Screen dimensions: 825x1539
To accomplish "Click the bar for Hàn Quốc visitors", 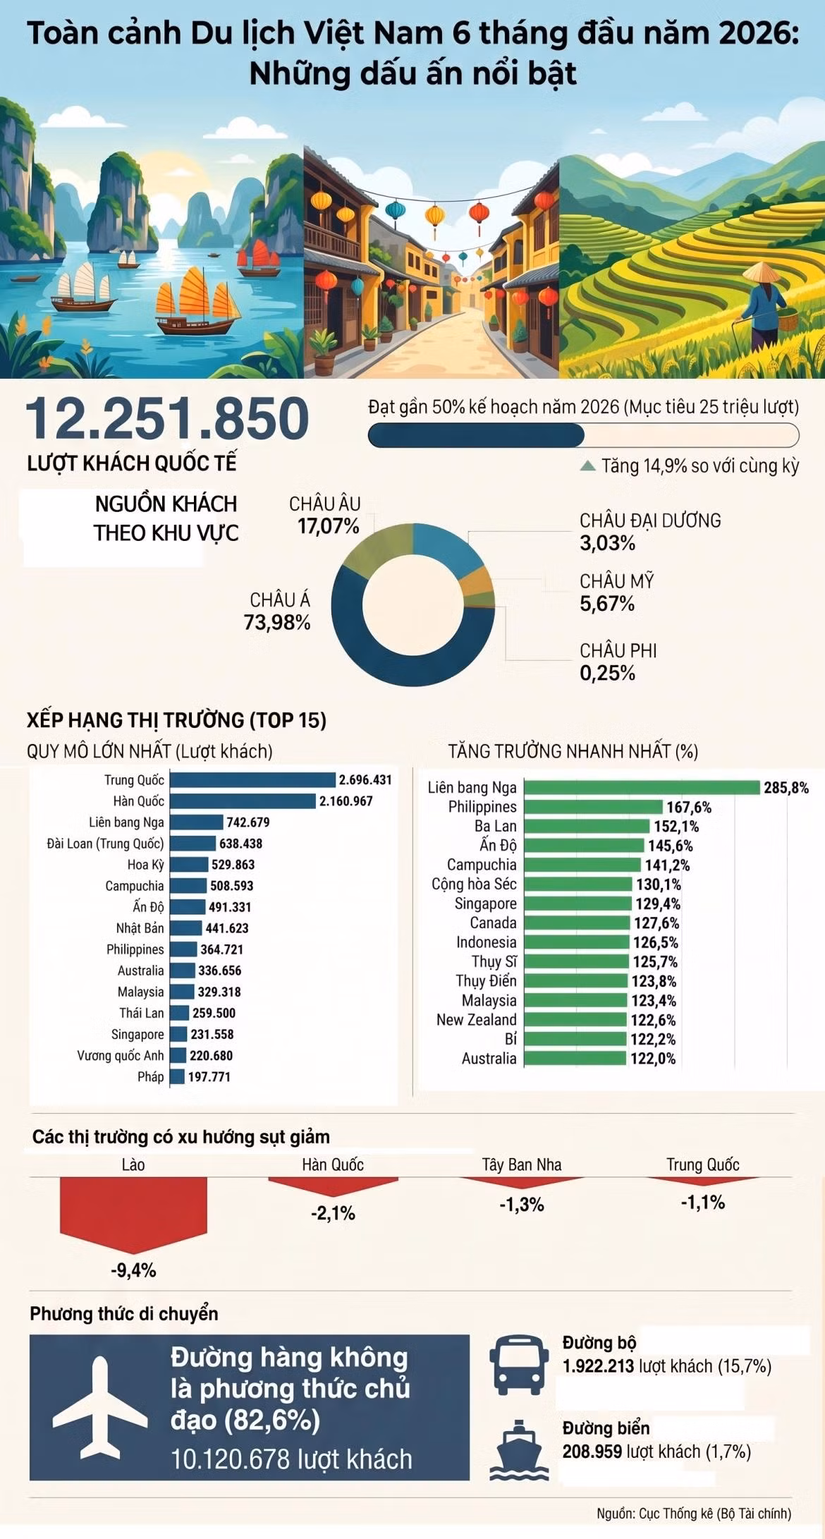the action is click(x=243, y=801).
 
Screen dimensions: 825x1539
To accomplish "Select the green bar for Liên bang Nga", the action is click(x=642, y=788).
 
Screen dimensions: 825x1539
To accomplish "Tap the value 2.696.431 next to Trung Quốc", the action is click(x=365, y=780).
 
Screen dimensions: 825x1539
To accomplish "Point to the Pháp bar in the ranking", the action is click(x=177, y=1076).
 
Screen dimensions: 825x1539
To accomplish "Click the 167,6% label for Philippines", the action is click(x=689, y=808).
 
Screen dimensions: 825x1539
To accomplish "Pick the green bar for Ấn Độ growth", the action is click(x=585, y=846).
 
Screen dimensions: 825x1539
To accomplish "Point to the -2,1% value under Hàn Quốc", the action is click(x=333, y=1213).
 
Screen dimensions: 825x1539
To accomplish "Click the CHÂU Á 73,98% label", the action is click(x=277, y=611).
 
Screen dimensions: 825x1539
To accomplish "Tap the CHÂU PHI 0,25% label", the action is click(x=618, y=662).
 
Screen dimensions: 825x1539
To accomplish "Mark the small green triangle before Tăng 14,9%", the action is click(x=587, y=466).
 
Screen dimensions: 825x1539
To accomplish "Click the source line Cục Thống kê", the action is click(x=694, y=1514).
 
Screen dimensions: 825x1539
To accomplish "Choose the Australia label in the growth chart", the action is click(x=489, y=1058).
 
